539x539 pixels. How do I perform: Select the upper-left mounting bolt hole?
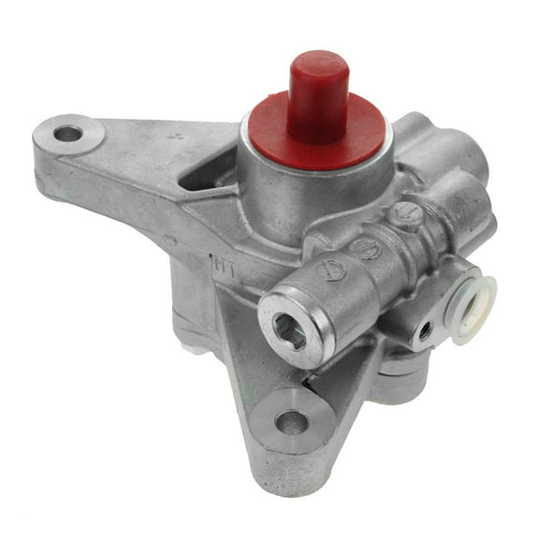pos(67,134)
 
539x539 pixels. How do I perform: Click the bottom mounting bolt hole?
pos(291,422)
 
